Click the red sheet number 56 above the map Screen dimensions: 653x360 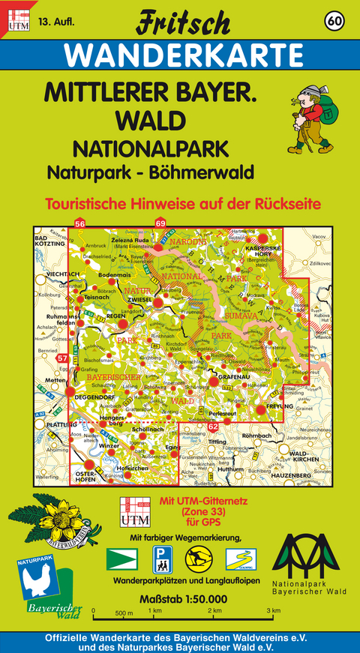click(80, 223)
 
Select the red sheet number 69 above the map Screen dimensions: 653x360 click(160, 223)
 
